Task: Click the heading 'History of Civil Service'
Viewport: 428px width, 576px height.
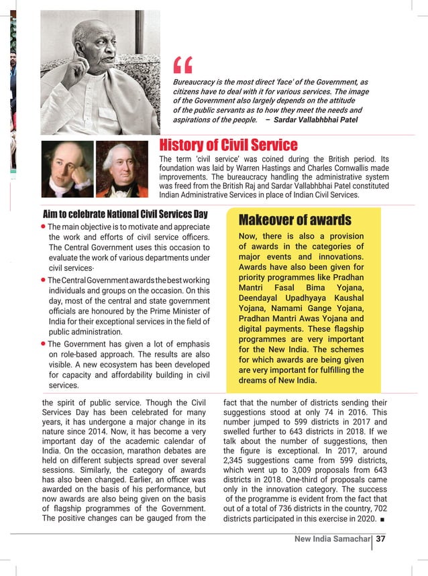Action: coord(228,145)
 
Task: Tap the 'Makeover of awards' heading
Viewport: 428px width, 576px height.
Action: coord(295,220)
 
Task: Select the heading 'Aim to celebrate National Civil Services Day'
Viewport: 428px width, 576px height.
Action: coord(125,215)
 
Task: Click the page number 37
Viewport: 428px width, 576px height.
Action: coord(381,540)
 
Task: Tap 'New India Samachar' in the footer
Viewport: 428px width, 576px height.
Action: coord(332,540)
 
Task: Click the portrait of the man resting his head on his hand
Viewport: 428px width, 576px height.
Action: coord(68,168)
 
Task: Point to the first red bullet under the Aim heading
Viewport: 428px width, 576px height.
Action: coord(44,227)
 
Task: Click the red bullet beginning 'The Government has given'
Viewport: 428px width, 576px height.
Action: coord(44,343)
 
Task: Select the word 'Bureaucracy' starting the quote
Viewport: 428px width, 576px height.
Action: coord(196,82)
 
